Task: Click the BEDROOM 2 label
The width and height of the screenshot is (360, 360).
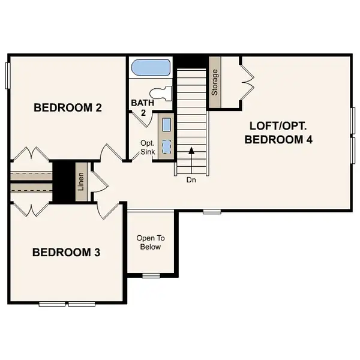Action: tap(67, 108)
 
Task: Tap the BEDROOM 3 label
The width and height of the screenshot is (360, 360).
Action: tap(65, 252)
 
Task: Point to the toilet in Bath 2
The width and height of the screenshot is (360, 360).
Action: tap(160, 94)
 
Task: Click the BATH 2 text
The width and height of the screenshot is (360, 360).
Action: tap(142, 107)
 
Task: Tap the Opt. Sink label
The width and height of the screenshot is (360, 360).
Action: tap(148, 148)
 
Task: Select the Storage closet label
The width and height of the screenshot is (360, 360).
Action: tap(214, 83)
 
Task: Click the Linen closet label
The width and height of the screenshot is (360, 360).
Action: tap(80, 182)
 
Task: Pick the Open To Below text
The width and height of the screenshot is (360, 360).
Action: tap(150, 242)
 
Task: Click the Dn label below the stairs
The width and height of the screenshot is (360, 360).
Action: tap(191, 179)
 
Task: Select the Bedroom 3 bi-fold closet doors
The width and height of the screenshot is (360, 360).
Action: tap(30, 209)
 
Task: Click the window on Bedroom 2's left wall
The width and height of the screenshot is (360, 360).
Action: tap(8, 75)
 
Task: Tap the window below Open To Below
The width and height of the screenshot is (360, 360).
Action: tap(151, 275)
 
